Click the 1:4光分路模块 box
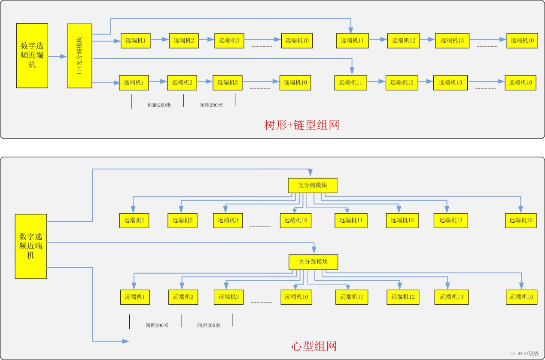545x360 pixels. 79,56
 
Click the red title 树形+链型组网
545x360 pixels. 301,125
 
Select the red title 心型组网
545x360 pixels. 314,346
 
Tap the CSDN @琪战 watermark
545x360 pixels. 524,353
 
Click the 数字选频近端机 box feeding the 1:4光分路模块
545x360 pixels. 32,55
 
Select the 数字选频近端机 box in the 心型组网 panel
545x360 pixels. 31,246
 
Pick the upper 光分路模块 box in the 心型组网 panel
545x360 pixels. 313,185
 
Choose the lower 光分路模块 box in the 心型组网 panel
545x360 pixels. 314,262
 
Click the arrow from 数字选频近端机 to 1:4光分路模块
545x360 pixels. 57,56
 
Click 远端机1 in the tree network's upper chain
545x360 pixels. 135,41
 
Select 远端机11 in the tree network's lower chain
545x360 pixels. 350,82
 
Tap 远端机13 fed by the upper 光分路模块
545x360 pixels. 451,221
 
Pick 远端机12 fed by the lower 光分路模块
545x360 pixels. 403,297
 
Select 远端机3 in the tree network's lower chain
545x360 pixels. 227,82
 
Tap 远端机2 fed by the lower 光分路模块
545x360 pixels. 183,297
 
